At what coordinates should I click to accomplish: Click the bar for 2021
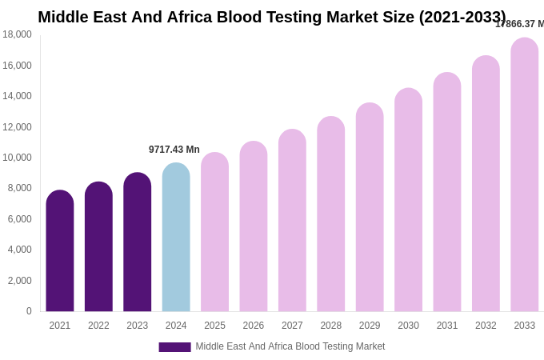tap(60, 251)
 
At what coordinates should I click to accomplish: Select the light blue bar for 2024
tap(176, 238)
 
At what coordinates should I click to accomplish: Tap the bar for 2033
tap(525, 175)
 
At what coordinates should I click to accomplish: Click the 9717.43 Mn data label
tap(174, 150)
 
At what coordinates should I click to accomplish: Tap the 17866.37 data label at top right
tap(520, 24)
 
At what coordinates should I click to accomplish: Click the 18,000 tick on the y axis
tap(17, 34)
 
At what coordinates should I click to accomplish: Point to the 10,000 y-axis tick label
tap(17, 158)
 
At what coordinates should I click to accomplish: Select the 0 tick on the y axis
tap(29, 311)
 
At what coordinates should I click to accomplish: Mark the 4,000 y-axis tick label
tap(19, 250)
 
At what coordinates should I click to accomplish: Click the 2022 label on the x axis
tap(98, 326)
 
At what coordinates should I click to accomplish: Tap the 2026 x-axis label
tap(254, 326)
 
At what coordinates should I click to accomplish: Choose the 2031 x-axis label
tap(447, 326)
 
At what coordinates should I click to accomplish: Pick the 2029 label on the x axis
tap(370, 326)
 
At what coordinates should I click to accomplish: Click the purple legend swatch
tap(174, 347)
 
